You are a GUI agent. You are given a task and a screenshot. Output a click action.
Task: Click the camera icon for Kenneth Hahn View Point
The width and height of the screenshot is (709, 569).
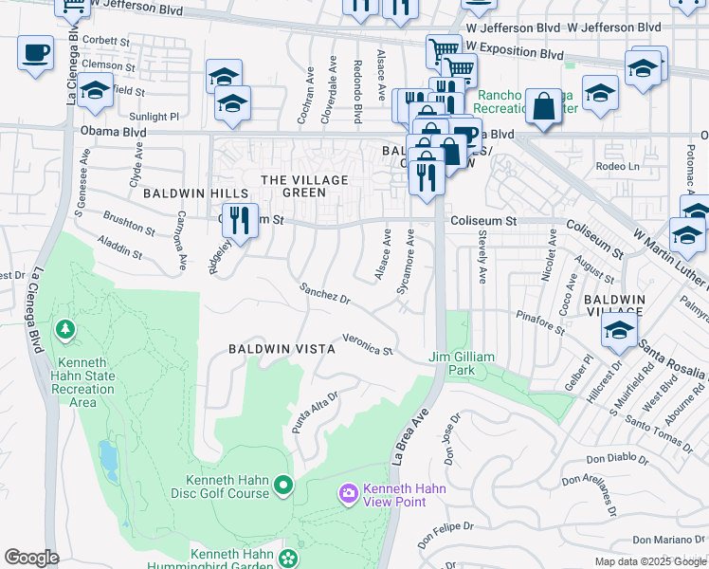(348, 491)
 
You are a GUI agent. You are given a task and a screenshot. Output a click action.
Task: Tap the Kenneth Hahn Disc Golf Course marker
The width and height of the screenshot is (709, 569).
(282, 486)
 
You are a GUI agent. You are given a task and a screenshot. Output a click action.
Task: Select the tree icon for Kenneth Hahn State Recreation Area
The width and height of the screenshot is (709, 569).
(65, 330)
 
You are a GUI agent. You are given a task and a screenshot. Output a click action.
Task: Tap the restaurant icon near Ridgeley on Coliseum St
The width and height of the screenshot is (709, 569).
(240, 220)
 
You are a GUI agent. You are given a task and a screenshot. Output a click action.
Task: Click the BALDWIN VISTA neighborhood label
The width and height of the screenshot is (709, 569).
(282, 349)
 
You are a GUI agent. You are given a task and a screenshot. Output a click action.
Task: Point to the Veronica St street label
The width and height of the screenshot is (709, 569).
(367, 344)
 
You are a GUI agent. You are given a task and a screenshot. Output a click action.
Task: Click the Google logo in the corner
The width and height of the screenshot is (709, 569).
(31, 558)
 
